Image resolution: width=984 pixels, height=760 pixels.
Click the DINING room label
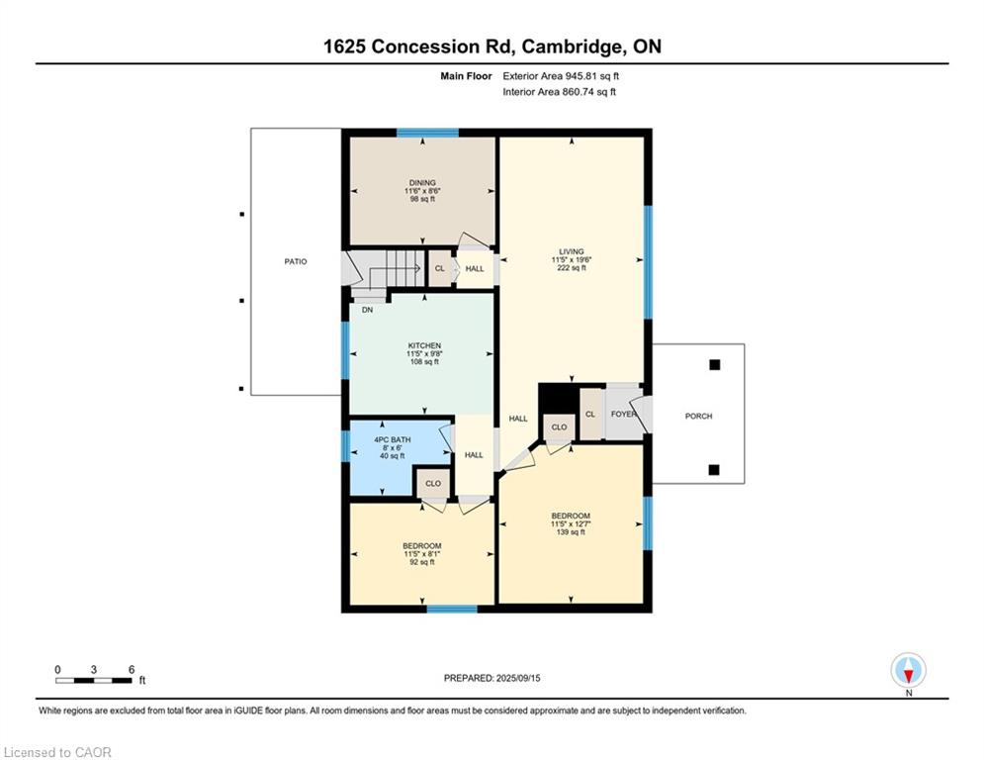pyautogui.click(x=422, y=183)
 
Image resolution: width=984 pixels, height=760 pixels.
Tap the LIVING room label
pyautogui.click(x=572, y=252)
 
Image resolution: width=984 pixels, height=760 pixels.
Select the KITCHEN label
pyautogui.click(x=425, y=346)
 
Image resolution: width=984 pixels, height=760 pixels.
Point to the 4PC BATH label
pyautogui.click(x=393, y=439)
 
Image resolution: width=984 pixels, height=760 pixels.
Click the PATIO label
pyautogui.click(x=296, y=262)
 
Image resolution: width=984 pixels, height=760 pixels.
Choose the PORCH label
pyautogui.click(x=698, y=417)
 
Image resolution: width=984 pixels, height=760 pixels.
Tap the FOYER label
pyautogui.click(x=623, y=415)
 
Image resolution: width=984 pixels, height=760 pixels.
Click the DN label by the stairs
pyautogui.click(x=367, y=311)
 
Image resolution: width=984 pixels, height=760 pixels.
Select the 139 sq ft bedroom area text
pyautogui.click(x=571, y=532)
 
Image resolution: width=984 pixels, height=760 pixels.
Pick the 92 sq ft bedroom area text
pyautogui.click(x=422, y=562)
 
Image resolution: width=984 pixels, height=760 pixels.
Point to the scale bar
pyautogui.click(x=94, y=681)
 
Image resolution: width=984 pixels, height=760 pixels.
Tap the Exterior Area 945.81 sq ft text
pyautogui.click(x=561, y=76)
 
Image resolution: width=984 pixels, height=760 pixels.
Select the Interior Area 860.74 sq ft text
pyautogui.click(x=559, y=92)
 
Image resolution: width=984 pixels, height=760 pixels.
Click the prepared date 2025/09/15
pyautogui.click(x=518, y=678)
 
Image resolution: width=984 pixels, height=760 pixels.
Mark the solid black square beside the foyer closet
pyautogui.click(x=557, y=398)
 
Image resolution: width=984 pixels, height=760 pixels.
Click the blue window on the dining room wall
pyautogui.click(x=428, y=133)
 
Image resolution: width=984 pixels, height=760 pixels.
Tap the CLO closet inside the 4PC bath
pyautogui.click(x=433, y=484)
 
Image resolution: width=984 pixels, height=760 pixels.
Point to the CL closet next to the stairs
pyautogui.click(x=440, y=269)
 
